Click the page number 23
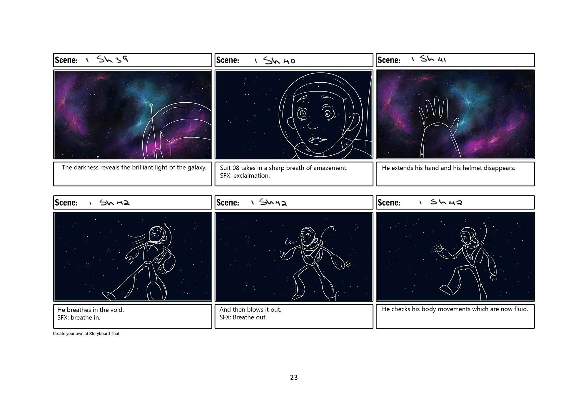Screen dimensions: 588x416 click(x=294, y=377)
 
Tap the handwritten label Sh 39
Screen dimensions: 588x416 click(x=113, y=60)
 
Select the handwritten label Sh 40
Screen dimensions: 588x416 click(x=279, y=61)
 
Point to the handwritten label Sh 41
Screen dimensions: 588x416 click(x=433, y=59)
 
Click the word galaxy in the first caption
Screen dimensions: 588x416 click(x=197, y=168)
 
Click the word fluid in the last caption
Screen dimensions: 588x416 click(x=521, y=309)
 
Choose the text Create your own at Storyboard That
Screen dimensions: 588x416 click(x=86, y=334)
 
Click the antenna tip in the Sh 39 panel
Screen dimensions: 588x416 click(x=151, y=105)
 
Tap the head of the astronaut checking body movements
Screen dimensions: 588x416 click(x=467, y=236)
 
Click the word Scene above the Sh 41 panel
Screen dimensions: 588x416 click(x=389, y=60)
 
